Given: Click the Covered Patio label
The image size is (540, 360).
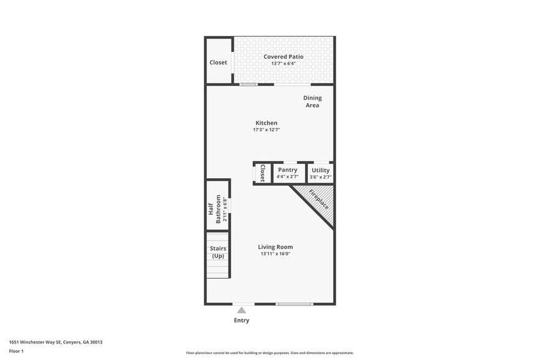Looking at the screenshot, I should click(283, 57).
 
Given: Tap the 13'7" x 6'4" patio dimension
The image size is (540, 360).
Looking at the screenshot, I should click(283, 64).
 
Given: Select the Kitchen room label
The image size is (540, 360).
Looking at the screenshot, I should click(266, 123).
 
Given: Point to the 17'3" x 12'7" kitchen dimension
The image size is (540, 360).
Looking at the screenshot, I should click(266, 130).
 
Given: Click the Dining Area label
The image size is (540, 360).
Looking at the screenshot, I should click(312, 102).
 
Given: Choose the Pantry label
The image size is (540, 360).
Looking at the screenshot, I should click(288, 170).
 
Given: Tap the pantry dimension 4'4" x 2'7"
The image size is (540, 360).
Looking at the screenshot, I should click(288, 177).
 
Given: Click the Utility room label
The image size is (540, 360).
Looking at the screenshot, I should click(320, 170).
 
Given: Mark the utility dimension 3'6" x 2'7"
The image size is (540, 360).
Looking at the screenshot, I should click(320, 177).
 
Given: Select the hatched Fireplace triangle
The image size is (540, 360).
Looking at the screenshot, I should click(320, 202).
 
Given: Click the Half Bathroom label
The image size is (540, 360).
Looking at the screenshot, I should click(214, 205).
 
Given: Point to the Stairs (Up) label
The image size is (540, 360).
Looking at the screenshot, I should click(218, 252).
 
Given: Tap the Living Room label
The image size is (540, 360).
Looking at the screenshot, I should click(276, 247).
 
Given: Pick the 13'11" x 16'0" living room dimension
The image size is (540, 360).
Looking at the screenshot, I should click(276, 253).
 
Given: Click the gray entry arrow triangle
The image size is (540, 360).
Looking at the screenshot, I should click(242, 310).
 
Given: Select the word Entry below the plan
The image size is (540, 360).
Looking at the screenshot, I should click(242, 320).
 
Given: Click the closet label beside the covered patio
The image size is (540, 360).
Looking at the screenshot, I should click(218, 62).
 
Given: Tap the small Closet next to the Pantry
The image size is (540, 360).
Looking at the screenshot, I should click(262, 173).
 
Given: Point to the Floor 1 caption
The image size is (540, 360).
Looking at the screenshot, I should click(16, 351).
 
